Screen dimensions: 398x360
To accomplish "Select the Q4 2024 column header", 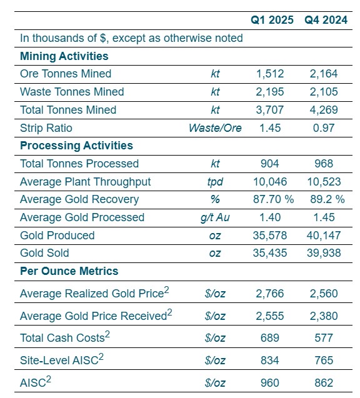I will pyautogui.click(x=326, y=20).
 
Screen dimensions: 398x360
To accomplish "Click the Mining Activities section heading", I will pyautogui.click(x=64, y=56).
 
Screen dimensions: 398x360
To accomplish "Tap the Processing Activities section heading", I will pyautogui.click(x=76, y=146).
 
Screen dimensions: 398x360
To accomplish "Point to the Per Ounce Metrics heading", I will pyautogui.click(x=69, y=271).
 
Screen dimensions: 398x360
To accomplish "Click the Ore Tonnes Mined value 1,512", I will pyautogui.click(x=270, y=74).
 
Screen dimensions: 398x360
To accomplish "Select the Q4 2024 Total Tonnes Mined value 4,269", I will pyautogui.click(x=324, y=110).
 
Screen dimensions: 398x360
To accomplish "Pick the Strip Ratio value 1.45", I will pyautogui.click(x=270, y=128).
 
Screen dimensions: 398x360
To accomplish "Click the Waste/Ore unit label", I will pyautogui.click(x=215, y=128).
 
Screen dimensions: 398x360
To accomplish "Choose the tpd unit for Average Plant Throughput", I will pyautogui.click(x=215, y=182).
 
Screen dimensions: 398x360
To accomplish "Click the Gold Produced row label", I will pyautogui.click(x=57, y=236).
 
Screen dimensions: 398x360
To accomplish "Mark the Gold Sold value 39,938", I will pyautogui.click(x=324, y=253).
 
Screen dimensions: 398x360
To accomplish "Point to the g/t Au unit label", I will pyautogui.click(x=215, y=217).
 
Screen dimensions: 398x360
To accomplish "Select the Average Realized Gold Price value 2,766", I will pyautogui.click(x=270, y=294).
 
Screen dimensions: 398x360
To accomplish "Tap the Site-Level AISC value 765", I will pyautogui.click(x=324, y=361).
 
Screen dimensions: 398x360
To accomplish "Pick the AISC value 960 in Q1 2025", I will pyautogui.click(x=270, y=382).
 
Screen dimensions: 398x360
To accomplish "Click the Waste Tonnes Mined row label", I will pyautogui.click(x=72, y=92).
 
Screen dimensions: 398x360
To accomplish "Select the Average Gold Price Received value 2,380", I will pyautogui.click(x=324, y=316).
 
